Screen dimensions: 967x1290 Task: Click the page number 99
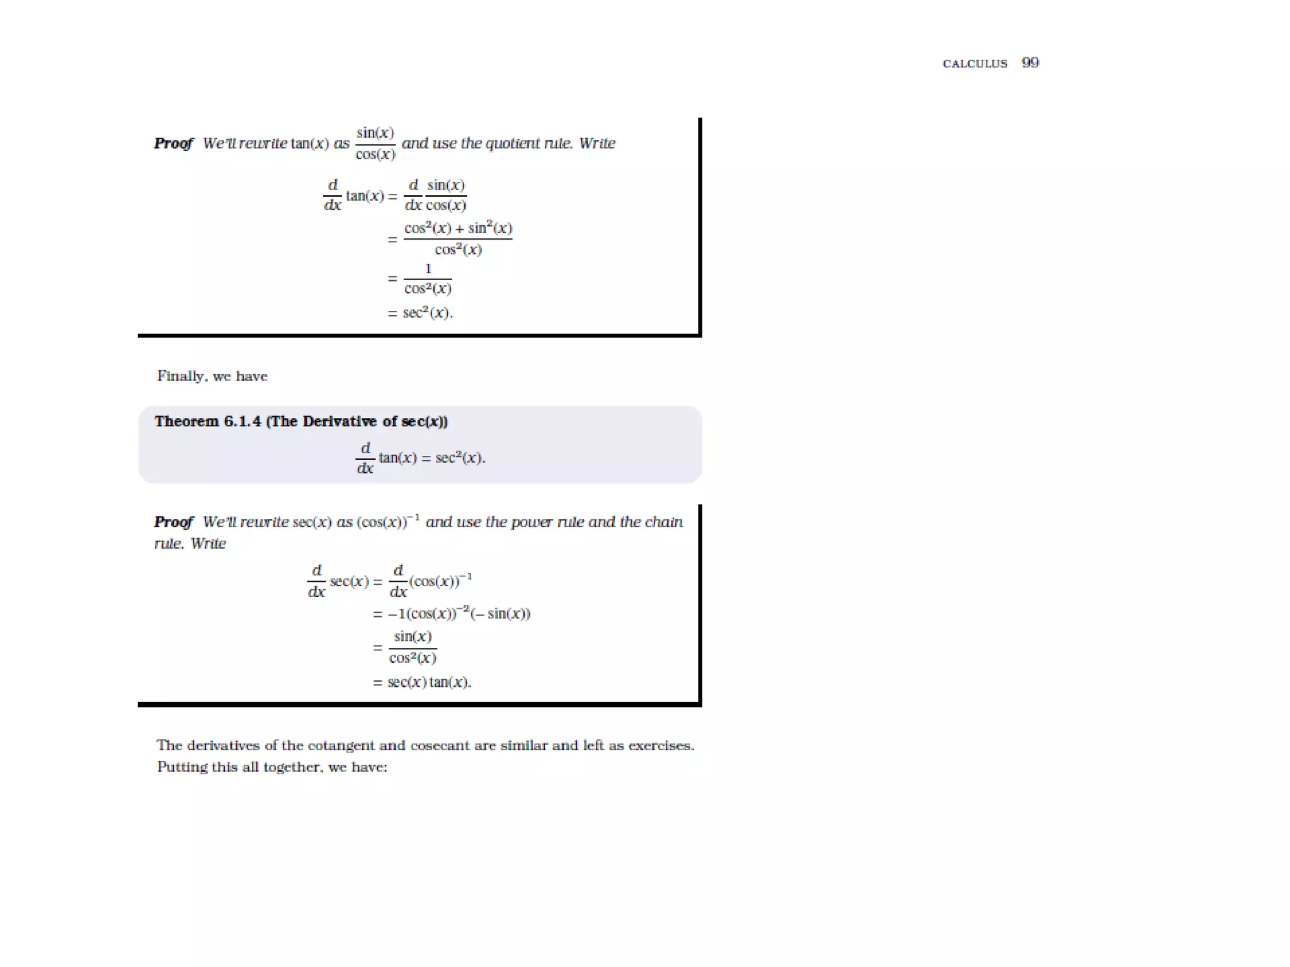(x=1030, y=62)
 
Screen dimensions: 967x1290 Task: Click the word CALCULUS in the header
(x=974, y=64)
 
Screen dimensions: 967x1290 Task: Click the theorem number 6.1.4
(x=243, y=421)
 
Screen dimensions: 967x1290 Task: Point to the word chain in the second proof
(x=664, y=522)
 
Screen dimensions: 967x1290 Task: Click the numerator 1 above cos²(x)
(x=428, y=269)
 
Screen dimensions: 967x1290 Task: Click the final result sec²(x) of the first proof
(x=427, y=313)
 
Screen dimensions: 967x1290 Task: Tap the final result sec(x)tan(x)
(x=428, y=682)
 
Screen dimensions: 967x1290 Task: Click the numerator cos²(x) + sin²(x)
(x=458, y=228)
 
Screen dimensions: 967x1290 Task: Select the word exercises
(x=660, y=745)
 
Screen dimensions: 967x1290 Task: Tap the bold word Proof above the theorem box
(x=173, y=144)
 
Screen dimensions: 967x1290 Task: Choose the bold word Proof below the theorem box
(x=173, y=522)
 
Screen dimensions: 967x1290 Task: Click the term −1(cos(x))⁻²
(x=429, y=614)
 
